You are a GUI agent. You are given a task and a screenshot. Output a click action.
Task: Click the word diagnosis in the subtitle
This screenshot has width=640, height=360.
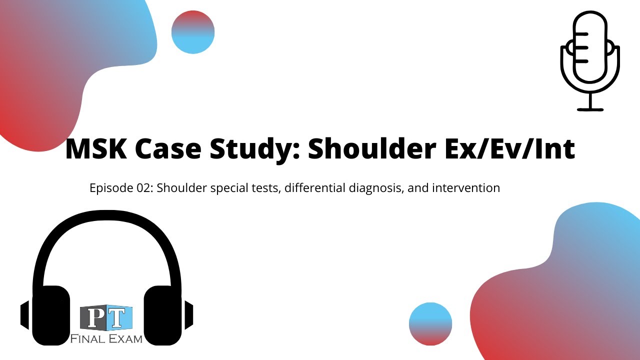point(370,188)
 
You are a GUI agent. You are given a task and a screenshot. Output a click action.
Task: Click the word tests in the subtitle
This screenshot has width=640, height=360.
point(265,188)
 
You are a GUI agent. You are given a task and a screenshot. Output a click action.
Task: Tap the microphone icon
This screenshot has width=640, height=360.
point(590,55)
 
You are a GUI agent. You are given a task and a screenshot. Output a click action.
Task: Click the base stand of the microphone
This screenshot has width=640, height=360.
point(590,109)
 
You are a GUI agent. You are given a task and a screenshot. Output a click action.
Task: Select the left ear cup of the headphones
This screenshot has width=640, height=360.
point(50,315)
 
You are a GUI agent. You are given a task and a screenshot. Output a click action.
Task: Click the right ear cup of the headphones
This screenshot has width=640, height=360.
point(162,315)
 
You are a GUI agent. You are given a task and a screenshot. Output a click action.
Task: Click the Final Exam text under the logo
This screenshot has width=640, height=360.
point(106,339)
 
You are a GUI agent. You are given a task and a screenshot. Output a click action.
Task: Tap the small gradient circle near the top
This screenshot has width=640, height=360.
point(193,32)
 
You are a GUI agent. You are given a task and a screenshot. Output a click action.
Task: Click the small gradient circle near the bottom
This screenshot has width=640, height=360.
point(430,323)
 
